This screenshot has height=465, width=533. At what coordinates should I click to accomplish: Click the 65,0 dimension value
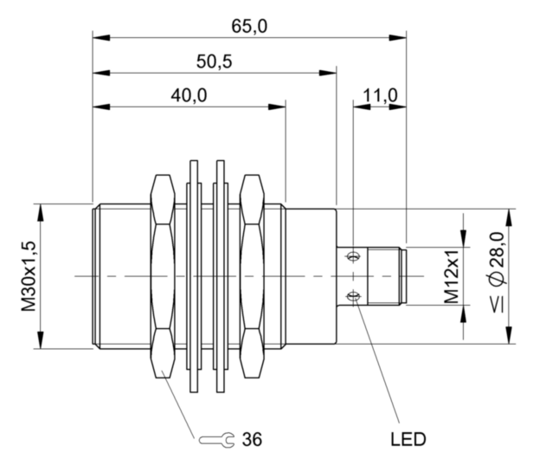point(249,26)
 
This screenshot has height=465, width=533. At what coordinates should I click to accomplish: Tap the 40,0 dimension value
point(189,95)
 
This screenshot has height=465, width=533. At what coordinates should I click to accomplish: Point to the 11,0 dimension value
point(379,95)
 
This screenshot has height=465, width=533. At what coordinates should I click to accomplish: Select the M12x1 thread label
point(450,276)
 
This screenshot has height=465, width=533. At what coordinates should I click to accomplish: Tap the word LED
point(407,439)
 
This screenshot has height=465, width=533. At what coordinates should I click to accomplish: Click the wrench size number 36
point(254,439)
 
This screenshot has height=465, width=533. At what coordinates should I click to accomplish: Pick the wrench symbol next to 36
point(215,440)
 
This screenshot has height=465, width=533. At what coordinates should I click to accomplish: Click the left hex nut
point(163,276)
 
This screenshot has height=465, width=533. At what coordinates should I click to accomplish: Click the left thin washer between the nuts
point(194,276)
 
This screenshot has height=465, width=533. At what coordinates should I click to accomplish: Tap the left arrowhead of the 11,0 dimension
point(356,107)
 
